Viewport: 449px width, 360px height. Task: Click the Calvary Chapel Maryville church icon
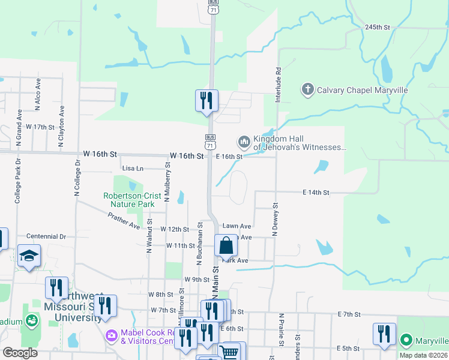[307, 90]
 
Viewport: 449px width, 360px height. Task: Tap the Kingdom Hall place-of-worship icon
[244, 142]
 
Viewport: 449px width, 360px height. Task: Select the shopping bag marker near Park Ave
[226, 245]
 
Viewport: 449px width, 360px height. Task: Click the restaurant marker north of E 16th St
[206, 101]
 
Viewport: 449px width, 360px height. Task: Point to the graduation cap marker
[28, 256]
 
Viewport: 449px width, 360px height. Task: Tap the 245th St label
[378, 28]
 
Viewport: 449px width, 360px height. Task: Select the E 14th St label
[316, 192]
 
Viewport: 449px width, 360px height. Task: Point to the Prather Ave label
[124, 223]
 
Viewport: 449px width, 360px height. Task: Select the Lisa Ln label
[133, 169]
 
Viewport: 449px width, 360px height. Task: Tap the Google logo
[20, 353]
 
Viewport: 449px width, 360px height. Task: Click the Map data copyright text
[423, 355]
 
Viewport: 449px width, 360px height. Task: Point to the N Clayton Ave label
[61, 127]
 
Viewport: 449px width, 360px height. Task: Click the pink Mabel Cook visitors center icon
[111, 334]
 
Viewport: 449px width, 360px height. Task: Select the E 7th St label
[348, 314]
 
